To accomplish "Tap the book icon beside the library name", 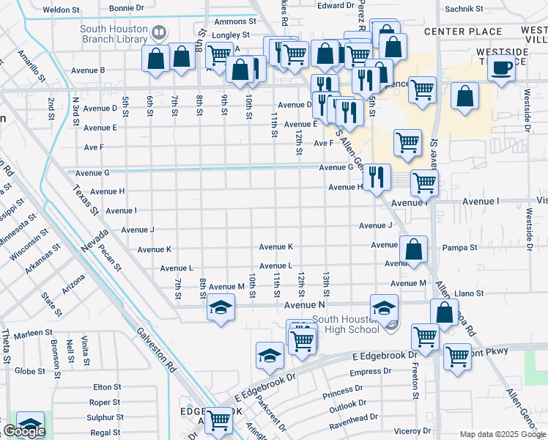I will tap(158, 32).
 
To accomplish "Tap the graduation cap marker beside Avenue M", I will tap(221, 308).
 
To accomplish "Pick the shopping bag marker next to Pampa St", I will tap(414, 249).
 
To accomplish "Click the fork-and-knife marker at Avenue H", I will tap(376, 177).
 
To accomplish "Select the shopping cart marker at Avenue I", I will tap(424, 184).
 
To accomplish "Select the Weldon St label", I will tap(62, 10).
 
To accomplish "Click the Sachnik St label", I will tap(464, 10).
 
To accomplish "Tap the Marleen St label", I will tap(32, 334).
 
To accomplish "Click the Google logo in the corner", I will tap(23, 431).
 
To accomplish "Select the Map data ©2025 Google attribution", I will tap(502, 434).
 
